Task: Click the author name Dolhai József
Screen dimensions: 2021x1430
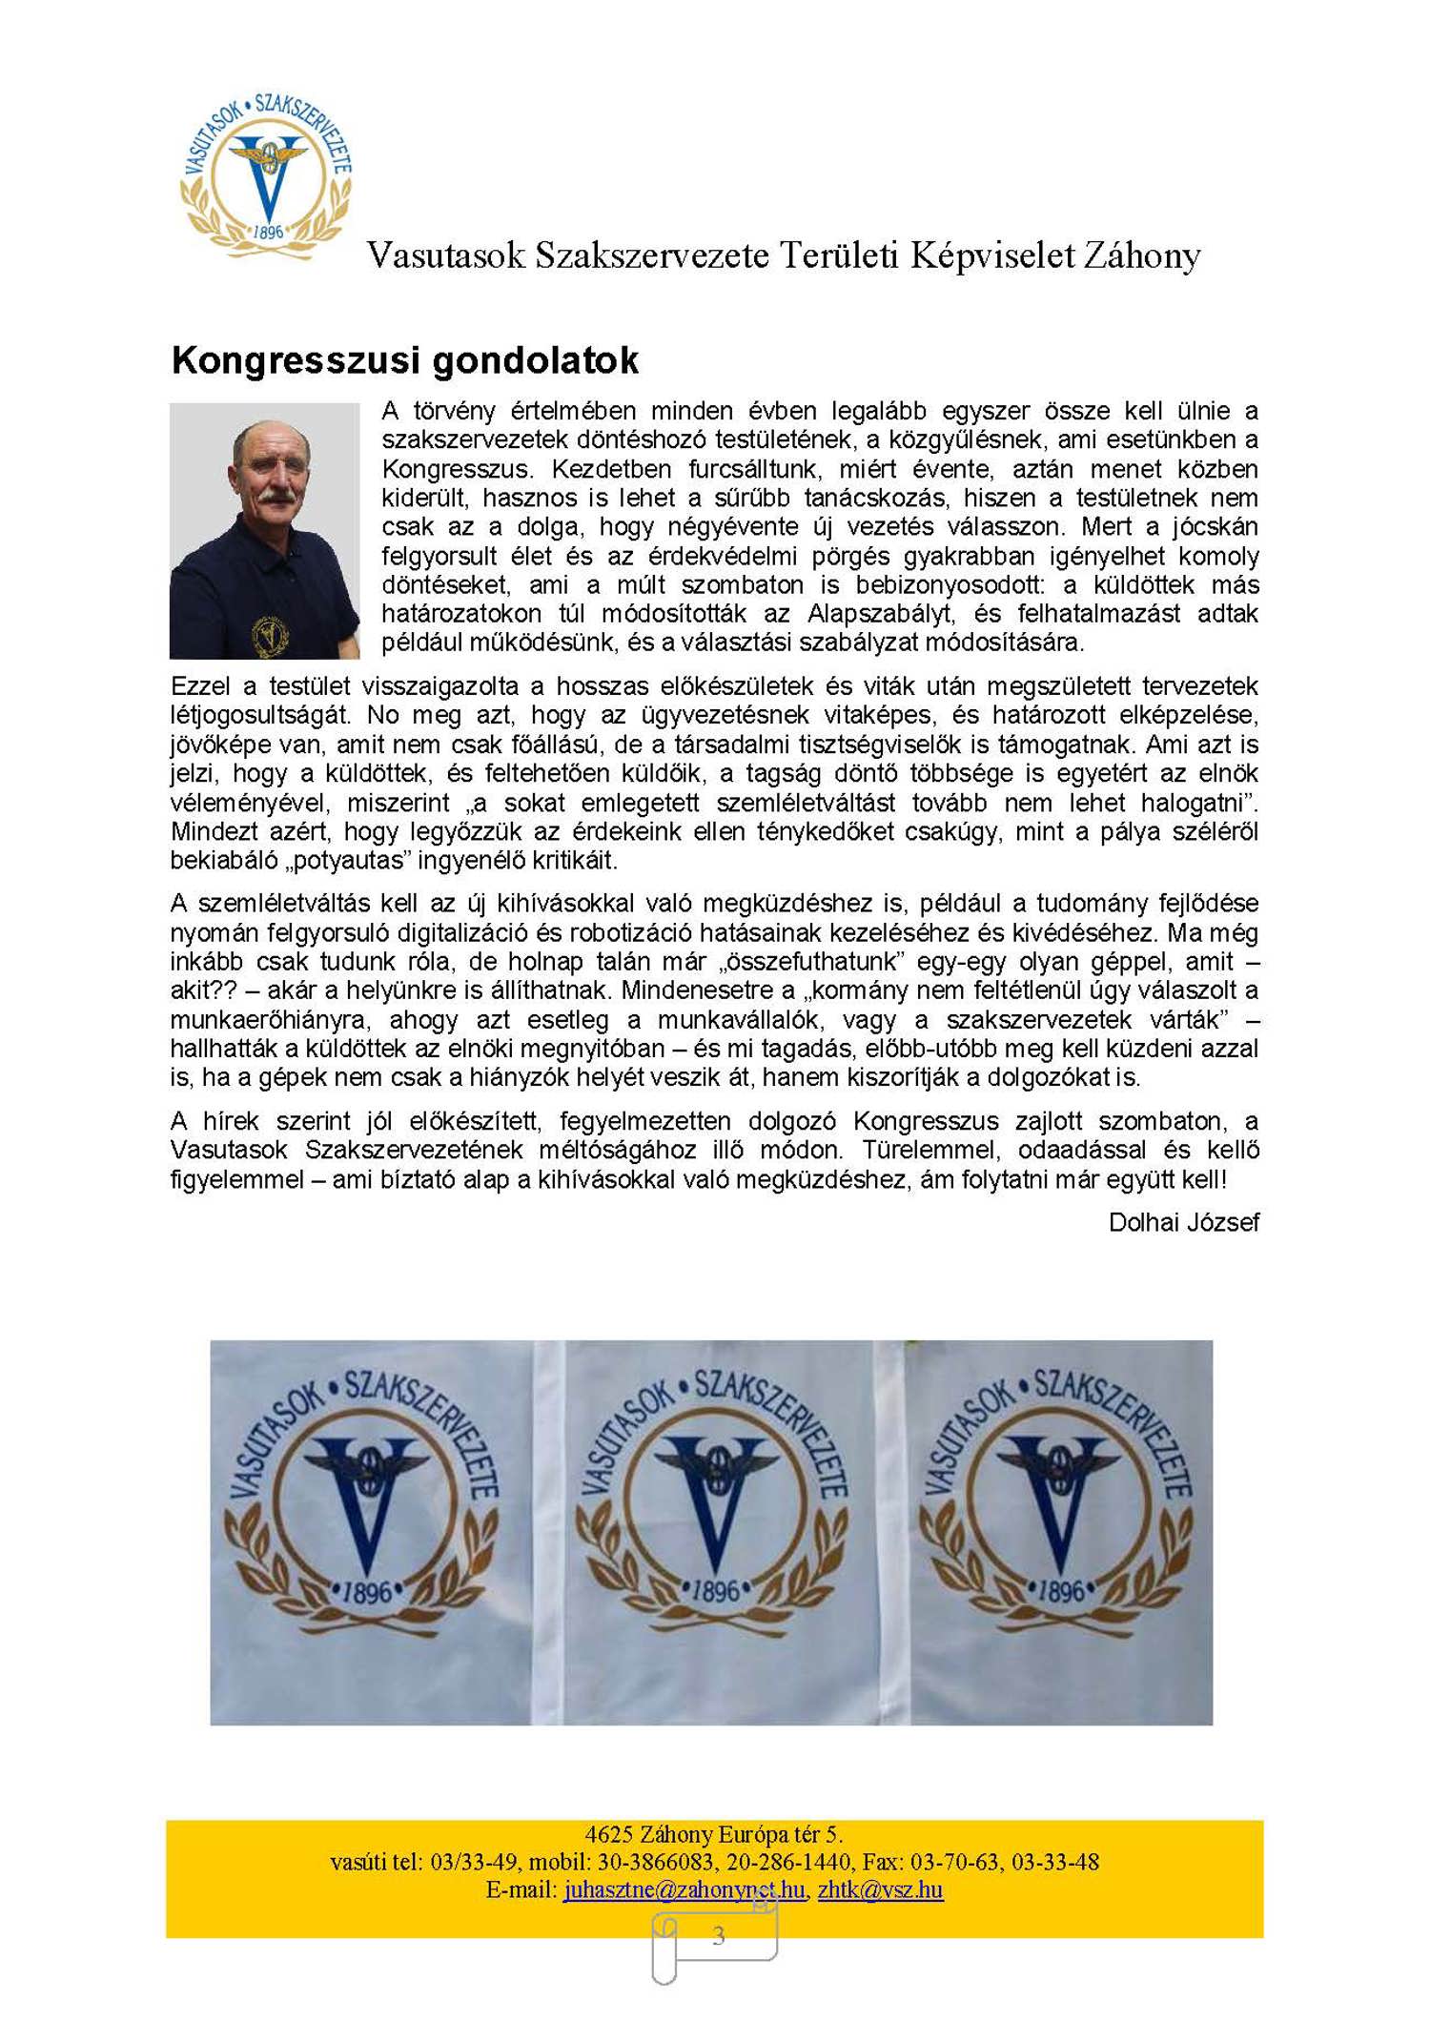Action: click(1183, 1222)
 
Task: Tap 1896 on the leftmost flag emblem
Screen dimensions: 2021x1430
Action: click(366, 1592)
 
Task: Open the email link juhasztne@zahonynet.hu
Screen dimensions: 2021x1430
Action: click(684, 1889)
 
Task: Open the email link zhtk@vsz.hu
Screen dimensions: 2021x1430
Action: click(880, 1889)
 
